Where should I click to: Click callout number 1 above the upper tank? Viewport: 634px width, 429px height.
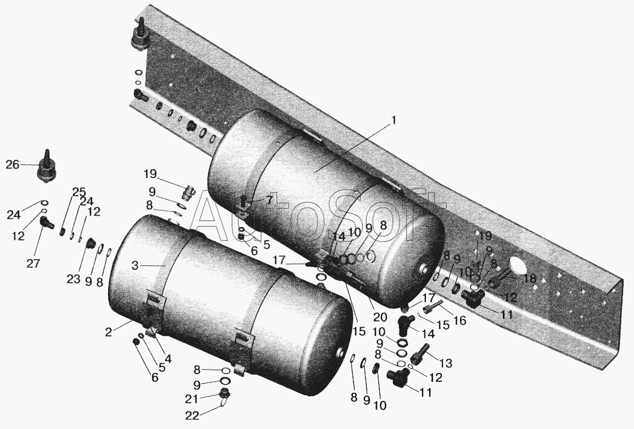pos(394,121)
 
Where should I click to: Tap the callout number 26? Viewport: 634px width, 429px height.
pos(13,165)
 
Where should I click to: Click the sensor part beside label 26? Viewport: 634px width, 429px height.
pos(47,167)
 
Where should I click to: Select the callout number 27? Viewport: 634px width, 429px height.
pos(33,264)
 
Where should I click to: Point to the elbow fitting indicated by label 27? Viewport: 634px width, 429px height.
pos(47,221)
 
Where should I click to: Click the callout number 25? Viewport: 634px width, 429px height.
pos(79,192)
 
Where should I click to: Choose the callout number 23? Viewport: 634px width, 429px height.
pos(73,279)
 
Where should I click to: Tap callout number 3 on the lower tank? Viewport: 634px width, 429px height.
pos(135,266)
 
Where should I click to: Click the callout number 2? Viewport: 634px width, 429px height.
pos(108,332)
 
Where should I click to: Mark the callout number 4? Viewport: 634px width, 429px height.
pos(167,358)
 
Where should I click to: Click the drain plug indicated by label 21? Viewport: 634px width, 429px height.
pos(223,392)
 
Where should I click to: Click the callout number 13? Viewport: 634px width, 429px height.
pos(446,363)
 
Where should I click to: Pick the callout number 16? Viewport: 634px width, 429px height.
pos(460,321)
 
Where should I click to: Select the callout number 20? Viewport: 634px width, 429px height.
pos(380,317)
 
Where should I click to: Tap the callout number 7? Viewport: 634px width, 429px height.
pos(270,199)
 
